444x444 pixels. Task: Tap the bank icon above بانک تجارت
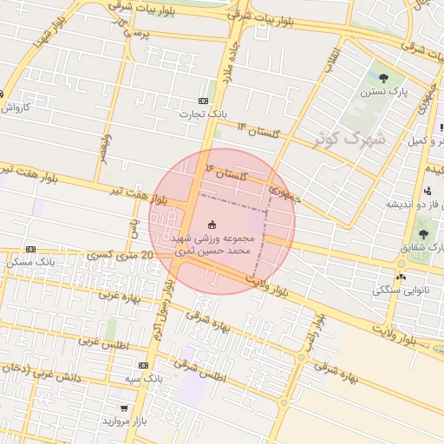point(204,100)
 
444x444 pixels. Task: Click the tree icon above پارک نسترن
point(383,78)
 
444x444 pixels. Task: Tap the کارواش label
point(15,108)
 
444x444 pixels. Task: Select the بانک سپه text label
point(143,379)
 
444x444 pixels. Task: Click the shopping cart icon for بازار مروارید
point(124,408)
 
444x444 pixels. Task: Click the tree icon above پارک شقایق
point(423,234)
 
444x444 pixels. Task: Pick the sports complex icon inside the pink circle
point(213,225)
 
